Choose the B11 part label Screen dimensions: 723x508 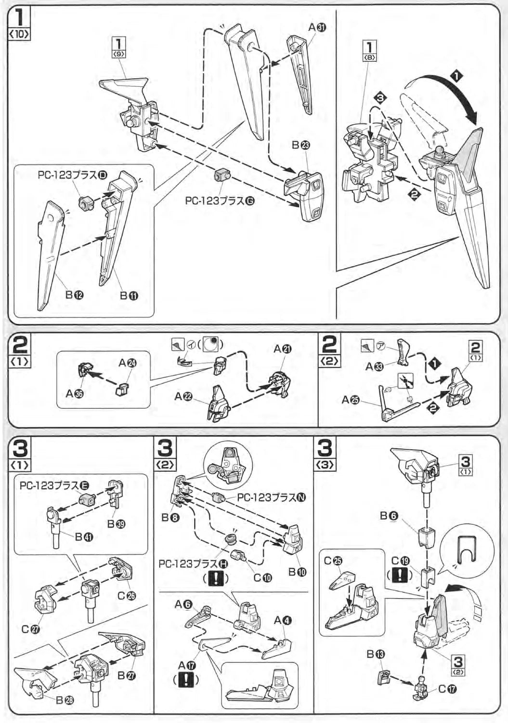coord(129,295)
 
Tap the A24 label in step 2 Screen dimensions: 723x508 coord(127,363)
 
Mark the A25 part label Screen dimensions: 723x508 coord(350,400)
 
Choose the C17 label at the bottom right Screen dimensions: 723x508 coord(447,689)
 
